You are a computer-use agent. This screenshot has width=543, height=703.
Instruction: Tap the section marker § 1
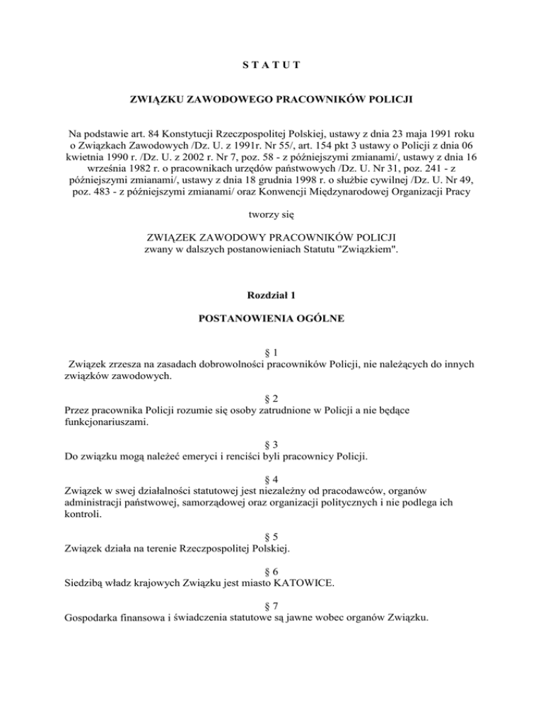(271, 351)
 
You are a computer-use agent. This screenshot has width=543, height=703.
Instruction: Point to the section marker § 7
(271, 608)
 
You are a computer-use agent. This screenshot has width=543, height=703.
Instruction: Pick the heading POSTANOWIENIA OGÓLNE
(271, 319)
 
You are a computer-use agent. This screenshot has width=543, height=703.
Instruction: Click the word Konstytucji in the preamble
(206, 133)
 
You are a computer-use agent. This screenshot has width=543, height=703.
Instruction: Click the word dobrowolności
(210, 365)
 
